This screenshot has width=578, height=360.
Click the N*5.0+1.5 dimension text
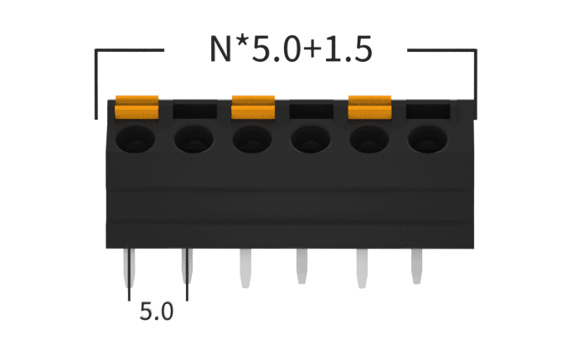coord(290,51)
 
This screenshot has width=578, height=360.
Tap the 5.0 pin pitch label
coord(157,312)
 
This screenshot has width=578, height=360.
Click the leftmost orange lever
coord(137,106)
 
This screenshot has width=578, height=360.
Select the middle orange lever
coord(254,106)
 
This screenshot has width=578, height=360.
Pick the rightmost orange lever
coord(370,106)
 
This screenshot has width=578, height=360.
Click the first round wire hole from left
coord(137,139)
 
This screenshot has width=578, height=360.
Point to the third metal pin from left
coord(245,266)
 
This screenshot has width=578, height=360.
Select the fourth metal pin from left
coord(302,266)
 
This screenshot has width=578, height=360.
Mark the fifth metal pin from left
coord(361,266)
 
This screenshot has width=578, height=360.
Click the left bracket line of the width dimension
coord(97,84)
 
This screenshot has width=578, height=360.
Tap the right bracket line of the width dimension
coord(476,84)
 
